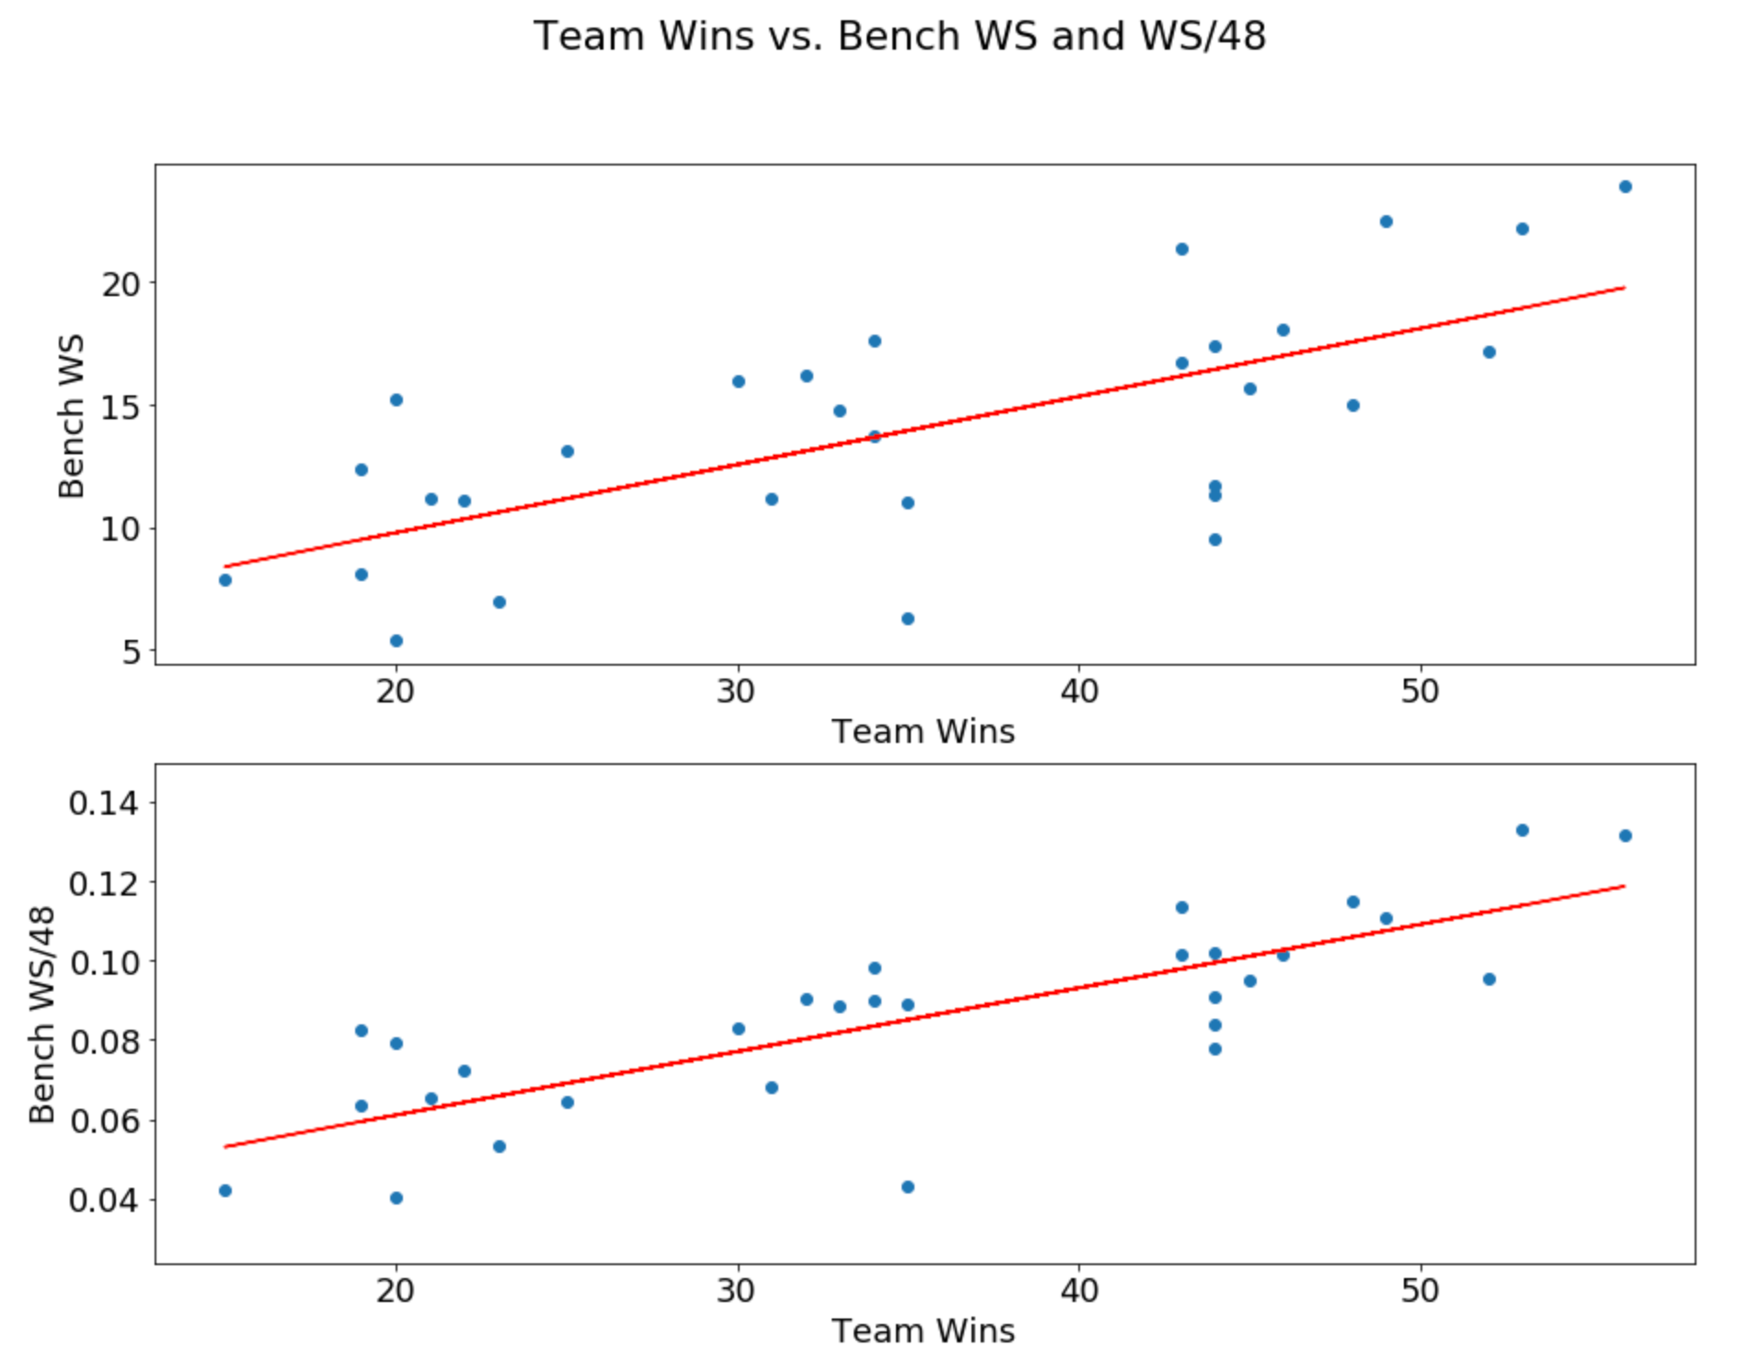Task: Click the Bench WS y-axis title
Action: [x=71, y=416]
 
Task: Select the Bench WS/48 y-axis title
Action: [x=42, y=1014]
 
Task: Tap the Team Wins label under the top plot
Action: [x=923, y=731]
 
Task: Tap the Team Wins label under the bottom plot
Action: [x=923, y=1330]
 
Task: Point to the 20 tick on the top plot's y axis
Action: [x=121, y=284]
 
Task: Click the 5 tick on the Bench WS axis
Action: [x=132, y=652]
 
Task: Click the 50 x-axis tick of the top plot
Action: [x=1420, y=691]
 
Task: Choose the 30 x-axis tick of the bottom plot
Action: [x=737, y=1291]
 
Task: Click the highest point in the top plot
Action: [x=1626, y=187]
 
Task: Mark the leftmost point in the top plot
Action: [x=225, y=580]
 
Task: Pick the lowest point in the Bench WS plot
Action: [x=397, y=641]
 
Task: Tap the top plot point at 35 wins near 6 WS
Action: [x=908, y=619]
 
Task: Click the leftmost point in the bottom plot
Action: [x=225, y=1191]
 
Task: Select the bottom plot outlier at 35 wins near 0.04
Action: [x=908, y=1187]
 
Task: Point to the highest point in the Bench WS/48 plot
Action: [x=1523, y=830]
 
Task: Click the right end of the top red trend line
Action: [x=1626, y=287]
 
